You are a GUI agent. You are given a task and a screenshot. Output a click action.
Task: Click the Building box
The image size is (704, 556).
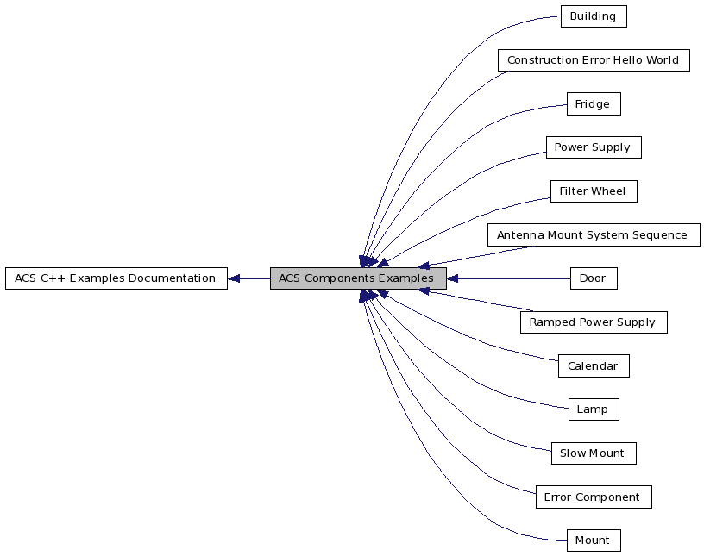(593, 16)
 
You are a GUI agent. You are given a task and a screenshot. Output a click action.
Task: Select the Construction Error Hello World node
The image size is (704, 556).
(593, 60)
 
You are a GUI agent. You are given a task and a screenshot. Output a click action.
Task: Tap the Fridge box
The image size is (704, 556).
(593, 104)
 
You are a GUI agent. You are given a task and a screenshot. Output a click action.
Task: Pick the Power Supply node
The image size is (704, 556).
(593, 147)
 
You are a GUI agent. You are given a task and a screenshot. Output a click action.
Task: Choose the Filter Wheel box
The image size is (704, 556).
(593, 191)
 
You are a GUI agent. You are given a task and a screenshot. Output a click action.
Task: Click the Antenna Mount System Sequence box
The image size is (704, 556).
(593, 235)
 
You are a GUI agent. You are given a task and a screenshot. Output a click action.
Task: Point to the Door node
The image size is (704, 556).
(593, 278)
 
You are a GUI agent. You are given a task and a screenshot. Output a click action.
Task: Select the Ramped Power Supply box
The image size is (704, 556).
(593, 322)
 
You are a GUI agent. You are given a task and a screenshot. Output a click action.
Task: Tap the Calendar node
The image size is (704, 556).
(593, 366)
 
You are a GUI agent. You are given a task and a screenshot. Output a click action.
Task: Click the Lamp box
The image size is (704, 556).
(593, 409)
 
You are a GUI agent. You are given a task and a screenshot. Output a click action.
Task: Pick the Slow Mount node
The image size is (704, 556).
(593, 453)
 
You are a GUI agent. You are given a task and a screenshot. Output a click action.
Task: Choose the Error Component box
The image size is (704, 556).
(593, 497)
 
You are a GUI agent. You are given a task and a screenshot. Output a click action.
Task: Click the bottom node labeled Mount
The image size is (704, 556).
(593, 540)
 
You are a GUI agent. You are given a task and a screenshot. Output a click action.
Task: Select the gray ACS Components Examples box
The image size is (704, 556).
(357, 278)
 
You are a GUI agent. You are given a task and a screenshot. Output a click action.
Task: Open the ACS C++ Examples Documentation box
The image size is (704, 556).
(116, 278)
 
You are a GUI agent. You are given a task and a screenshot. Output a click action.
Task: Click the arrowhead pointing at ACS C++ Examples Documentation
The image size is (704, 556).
(234, 278)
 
